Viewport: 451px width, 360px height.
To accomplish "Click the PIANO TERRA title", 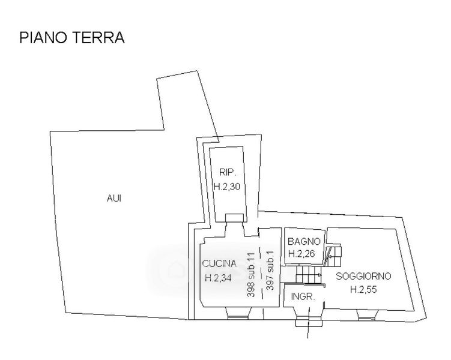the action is (x=72, y=38).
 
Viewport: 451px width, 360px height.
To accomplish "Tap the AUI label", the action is (x=114, y=198).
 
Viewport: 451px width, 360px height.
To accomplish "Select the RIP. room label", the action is (x=228, y=172).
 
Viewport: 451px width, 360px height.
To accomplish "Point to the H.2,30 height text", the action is (x=227, y=187).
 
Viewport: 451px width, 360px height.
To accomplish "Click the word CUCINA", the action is (x=219, y=263).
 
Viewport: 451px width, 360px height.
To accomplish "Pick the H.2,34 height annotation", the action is (x=218, y=278).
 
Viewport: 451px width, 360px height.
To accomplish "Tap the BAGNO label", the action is (x=304, y=241).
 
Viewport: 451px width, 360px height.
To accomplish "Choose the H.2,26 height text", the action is (x=301, y=254).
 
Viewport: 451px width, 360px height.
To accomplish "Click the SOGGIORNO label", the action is (x=363, y=276).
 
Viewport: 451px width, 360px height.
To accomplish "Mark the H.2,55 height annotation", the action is (x=363, y=289).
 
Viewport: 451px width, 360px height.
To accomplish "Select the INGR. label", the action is (x=303, y=296).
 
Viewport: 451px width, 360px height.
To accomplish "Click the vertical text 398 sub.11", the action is (x=251, y=275).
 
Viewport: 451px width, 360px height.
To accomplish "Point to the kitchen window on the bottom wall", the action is (x=238, y=317).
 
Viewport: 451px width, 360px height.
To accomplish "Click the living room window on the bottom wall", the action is (x=366, y=318).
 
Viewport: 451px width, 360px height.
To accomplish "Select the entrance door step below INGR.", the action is (x=309, y=323).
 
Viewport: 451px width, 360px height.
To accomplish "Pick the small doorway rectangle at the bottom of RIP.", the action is (x=235, y=217).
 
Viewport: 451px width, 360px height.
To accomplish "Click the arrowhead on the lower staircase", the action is (x=320, y=275).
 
